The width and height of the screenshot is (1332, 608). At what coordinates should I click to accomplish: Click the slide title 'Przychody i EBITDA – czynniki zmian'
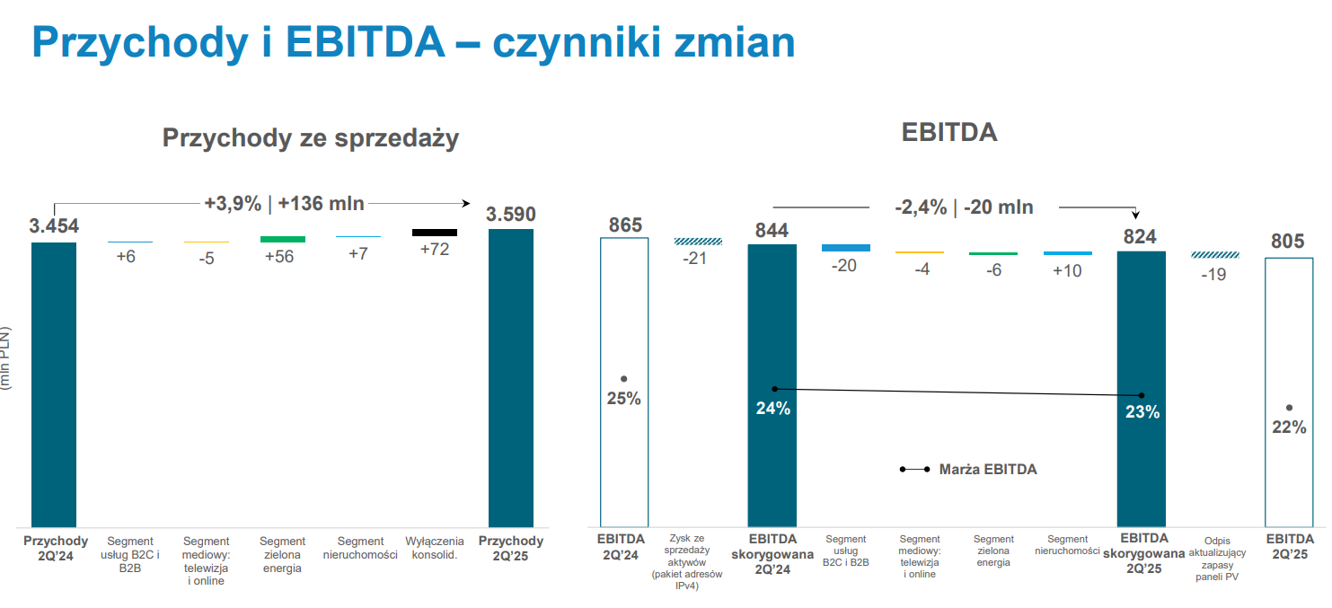(413, 42)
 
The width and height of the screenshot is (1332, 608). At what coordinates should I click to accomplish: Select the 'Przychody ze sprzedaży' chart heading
(311, 138)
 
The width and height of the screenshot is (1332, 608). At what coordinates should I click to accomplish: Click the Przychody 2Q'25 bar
(510, 378)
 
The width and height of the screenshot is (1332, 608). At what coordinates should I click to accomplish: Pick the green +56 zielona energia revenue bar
(282, 239)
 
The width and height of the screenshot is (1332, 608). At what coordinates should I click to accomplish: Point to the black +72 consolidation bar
(435, 233)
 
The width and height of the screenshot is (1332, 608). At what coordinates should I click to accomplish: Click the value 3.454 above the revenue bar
(54, 226)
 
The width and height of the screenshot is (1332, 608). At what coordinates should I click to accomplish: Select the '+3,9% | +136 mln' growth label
(284, 203)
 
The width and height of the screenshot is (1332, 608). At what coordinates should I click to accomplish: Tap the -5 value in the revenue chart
(207, 260)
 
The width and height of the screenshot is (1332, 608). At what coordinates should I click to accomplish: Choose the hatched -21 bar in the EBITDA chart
(698, 241)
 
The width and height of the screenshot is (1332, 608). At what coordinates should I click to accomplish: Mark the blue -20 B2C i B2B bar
(845, 247)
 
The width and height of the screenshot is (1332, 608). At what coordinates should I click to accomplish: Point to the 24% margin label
(772, 409)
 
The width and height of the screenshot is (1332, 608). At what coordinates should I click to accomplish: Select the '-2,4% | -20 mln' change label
(965, 207)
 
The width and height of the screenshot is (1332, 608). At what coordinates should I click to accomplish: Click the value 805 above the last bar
(1288, 242)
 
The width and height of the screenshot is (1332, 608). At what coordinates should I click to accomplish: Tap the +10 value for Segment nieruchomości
(1067, 269)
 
